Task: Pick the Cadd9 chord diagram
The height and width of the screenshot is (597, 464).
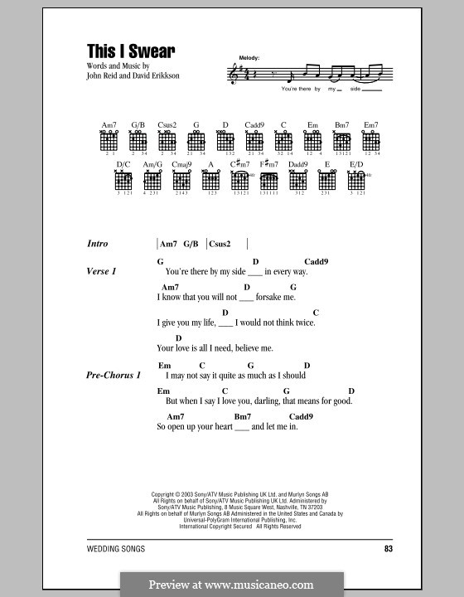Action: pyautogui.click(x=254, y=140)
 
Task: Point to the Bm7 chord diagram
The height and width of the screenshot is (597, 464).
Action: pyautogui.click(x=342, y=140)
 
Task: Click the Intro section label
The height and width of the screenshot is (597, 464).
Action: pyautogui.click(x=98, y=244)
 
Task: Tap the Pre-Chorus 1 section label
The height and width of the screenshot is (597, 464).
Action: pyautogui.click(x=114, y=375)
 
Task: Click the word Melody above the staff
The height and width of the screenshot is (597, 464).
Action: pyautogui.click(x=249, y=57)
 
